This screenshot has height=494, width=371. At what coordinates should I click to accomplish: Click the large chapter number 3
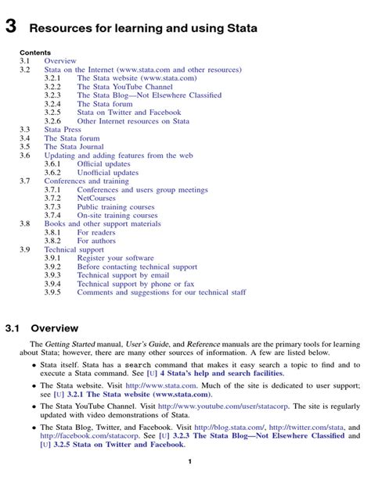click(x=11, y=28)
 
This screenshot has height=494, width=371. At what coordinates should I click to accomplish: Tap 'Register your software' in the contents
click(x=116, y=258)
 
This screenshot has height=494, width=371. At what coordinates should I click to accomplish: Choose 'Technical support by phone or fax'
click(x=136, y=284)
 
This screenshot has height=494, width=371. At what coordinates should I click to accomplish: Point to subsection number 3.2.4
click(x=52, y=104)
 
